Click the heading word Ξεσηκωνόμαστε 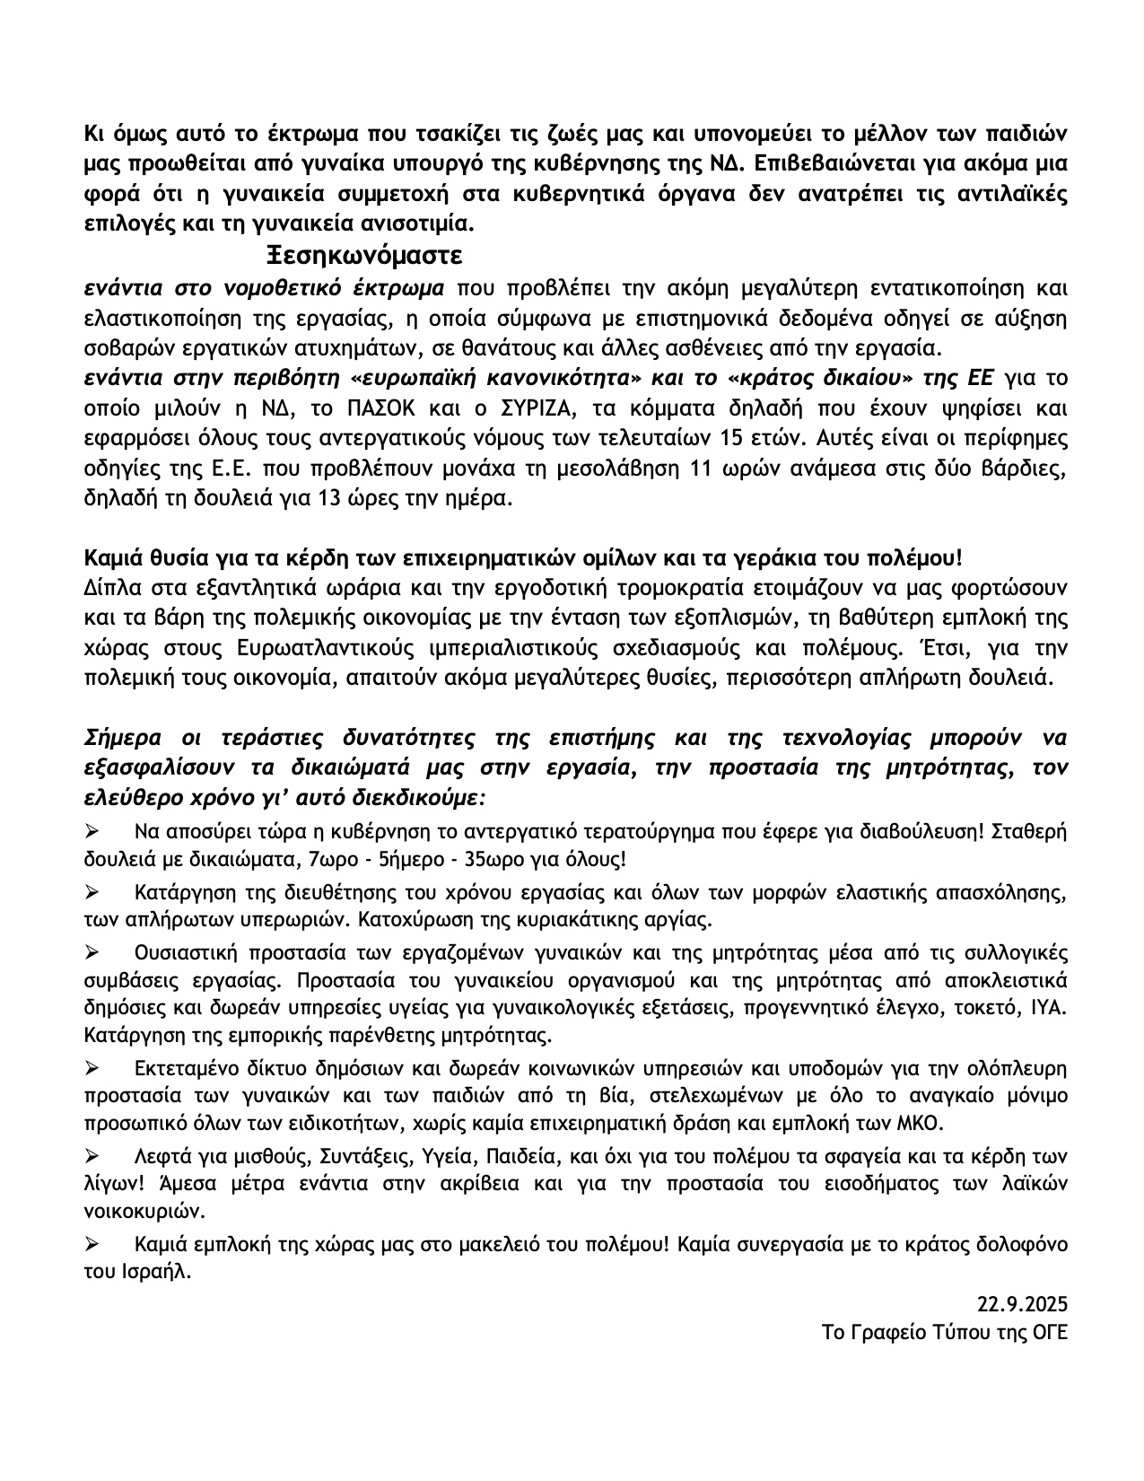(x=364, y=257)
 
